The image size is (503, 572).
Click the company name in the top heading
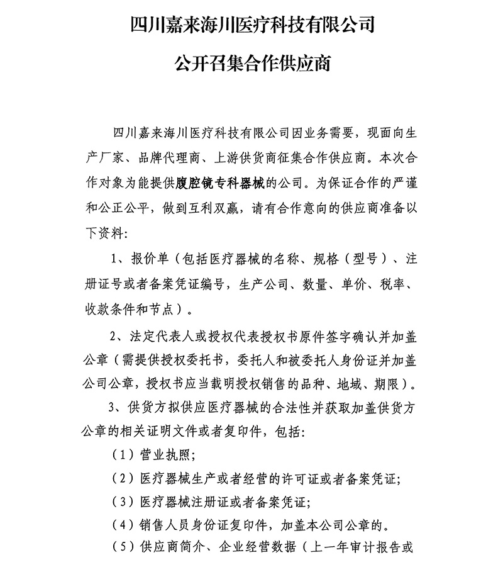click(x=251, y=25)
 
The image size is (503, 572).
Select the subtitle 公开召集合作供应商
click(x=251, y=63)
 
